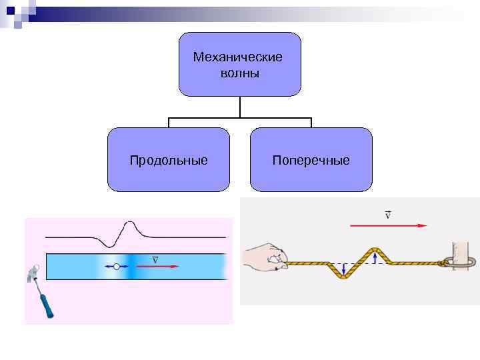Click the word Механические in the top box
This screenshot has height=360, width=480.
pyautogui.click(x=237, y=57)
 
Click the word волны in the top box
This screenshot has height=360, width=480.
pyautogui.click(x=239, y=73)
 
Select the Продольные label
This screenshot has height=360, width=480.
pyautogui.click(x=169, y=161)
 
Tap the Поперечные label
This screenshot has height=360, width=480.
pyautogui.click(x=311, y=161)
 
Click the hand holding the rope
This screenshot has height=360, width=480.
pyautogui.click(x=265, y=259)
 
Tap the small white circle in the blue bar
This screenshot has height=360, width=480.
pyautogui.click(x=117, y=267)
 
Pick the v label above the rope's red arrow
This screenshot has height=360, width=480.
pyautogui.click(x=387, y=215)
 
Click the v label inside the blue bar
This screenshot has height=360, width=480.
pyautogui.click(x=155, y=259)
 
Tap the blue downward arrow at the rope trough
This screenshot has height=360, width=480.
pyautogui.click(x=344, y=269)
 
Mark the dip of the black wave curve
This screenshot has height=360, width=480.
pyautogui.click(x=106, y=245)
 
